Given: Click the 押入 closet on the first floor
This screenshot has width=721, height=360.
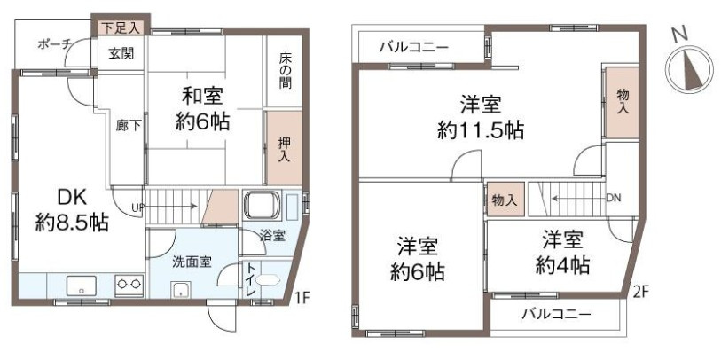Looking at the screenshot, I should [284, 143].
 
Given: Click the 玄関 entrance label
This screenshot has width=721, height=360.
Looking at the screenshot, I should [121, 53].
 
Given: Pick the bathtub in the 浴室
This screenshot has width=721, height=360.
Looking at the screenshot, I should [263, 209].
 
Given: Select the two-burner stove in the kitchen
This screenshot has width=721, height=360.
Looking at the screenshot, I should [129, 286].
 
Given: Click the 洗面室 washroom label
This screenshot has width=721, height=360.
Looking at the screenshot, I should [191, 262].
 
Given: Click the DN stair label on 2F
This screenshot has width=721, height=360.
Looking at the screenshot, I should [613, 199].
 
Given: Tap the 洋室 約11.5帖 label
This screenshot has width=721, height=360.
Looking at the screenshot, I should [480, 117].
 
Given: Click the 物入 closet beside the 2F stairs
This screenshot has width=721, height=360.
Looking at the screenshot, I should [504, 200].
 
